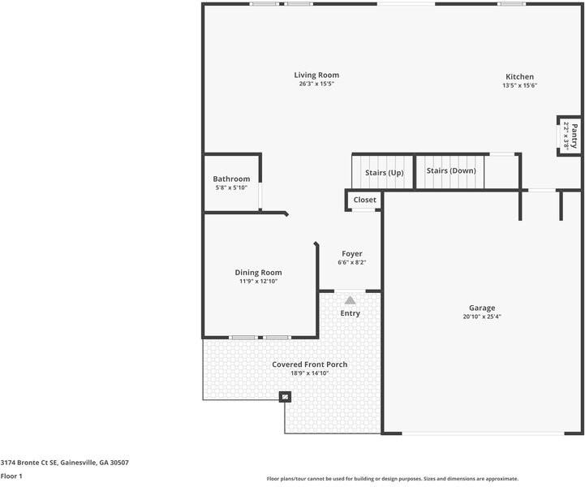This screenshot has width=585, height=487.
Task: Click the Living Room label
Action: point(316,75)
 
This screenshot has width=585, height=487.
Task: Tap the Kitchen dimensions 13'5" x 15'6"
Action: point(520,85)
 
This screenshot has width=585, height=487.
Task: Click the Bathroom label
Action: point(231,179)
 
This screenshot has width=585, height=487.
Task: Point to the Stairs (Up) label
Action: point(385,173)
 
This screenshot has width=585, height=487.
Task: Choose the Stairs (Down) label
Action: point(451,170)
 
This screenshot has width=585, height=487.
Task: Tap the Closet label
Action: point(365,200)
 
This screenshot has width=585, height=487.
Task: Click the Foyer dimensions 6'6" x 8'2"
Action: point(352,262)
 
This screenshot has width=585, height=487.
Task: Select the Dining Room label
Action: point(258,273)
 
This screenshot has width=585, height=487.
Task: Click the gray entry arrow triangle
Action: point(350,300)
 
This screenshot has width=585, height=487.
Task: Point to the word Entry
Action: point(350,313)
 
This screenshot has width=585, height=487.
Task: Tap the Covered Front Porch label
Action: point(310,364)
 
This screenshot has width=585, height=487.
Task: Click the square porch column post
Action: point(285,397)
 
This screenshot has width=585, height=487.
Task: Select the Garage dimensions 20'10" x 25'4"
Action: point(482,317)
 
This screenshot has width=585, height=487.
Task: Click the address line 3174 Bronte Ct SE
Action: point(65,463)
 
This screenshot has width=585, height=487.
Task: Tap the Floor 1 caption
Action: point(11,476)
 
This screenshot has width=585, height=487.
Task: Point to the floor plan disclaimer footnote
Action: point(393,479)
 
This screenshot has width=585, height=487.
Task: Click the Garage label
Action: point(482,308)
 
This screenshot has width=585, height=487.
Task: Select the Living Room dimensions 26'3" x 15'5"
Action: point(316,84)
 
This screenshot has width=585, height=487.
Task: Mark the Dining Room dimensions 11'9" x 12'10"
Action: point(258,282)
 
